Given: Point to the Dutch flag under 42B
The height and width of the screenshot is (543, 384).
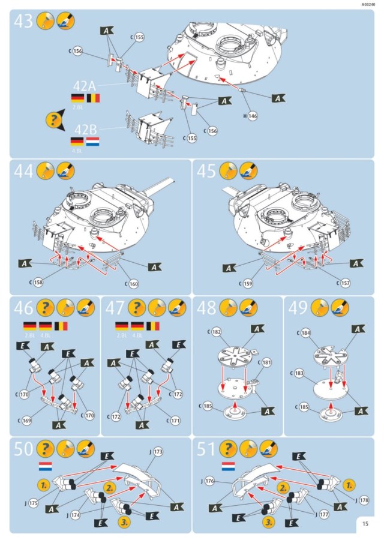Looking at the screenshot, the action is click(x=92, y=142).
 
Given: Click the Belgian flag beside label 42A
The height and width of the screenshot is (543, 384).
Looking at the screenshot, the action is click(x=93, y=98).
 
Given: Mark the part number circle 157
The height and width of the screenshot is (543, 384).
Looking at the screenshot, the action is click(x=344, y=283).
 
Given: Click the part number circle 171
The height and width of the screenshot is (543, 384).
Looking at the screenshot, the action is click(x=175, y=421).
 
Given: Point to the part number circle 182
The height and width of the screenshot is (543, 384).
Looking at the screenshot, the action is click(x=216, y=332).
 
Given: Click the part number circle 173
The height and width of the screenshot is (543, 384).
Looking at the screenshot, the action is click(x=157, y=451).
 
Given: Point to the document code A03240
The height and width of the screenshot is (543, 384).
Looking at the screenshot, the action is click(x=370, y=4).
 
